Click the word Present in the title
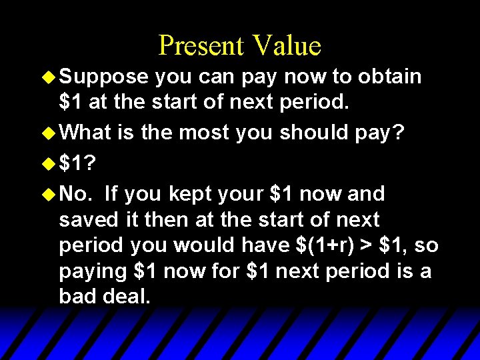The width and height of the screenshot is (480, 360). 201,45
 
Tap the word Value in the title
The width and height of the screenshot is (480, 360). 286,45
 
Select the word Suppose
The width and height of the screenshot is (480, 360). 103,77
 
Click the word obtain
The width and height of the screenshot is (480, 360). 389,77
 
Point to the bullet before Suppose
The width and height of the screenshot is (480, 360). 49,77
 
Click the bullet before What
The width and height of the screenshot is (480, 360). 49,133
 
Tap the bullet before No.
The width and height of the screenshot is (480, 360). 49,194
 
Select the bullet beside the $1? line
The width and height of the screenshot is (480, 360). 49,163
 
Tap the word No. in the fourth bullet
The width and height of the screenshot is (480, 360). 75,194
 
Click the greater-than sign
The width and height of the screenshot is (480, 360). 367,246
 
